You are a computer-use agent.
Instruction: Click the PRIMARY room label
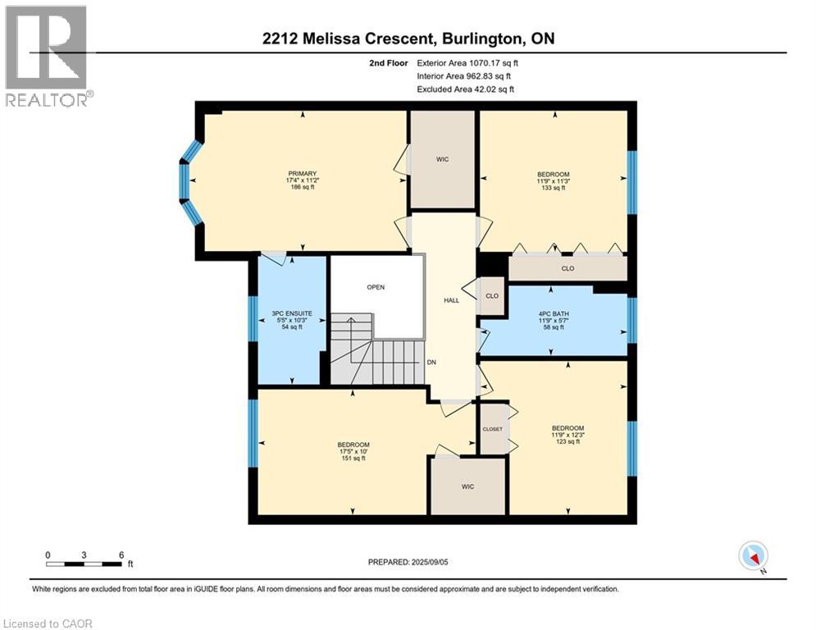tap(301, 173)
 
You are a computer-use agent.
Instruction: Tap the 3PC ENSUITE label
tap(287, 313)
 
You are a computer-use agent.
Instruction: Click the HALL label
tap(451, 300)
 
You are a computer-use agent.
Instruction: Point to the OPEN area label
tap(376, 287)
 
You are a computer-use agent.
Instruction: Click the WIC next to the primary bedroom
tap(443, 159)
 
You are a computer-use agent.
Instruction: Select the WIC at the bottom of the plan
tap(467, 486)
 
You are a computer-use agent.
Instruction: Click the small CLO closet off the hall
tap(492, 295)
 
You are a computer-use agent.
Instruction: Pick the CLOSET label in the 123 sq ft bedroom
tap(492, 429)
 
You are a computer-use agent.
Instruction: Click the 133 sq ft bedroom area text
tap(554, 188)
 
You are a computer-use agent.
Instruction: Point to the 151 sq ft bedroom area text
tap(352, 459)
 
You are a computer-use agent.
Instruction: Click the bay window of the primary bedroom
tap(189, 182)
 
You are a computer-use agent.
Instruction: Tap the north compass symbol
tap(752, 557)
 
